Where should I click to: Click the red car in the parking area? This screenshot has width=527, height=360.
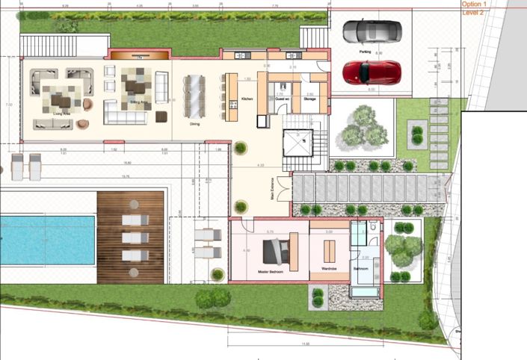[372, 72]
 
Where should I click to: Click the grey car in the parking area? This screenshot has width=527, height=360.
[372, 31]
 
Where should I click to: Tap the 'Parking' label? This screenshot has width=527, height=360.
[365, 52]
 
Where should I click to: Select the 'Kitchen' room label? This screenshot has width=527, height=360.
[247, 99]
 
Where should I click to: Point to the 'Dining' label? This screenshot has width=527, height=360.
[194, 124]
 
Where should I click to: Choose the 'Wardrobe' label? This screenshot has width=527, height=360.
[329, 269]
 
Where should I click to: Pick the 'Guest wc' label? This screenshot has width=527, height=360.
[282, 99]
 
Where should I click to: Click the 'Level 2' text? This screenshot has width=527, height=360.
[473, 13]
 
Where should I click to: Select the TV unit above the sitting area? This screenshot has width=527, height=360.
[138, 55]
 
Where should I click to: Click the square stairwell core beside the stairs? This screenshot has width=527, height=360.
[298, 144]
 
